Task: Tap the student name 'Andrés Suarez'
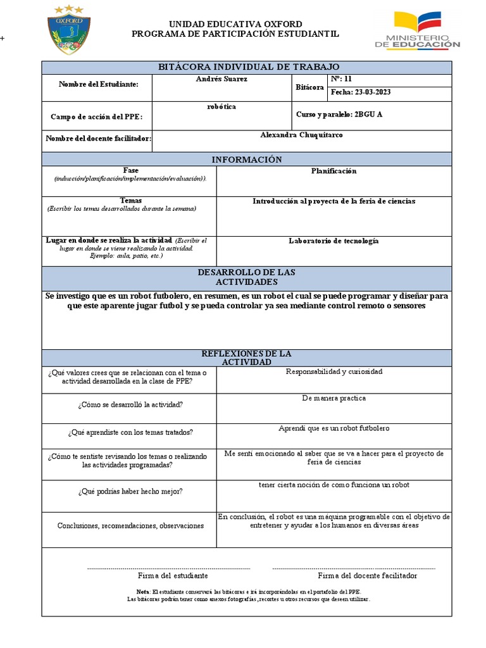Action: pos(221,79)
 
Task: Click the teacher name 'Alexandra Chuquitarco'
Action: pos(302,135)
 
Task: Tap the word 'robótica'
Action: pos(221,106)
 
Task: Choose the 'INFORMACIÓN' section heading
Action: pos(247,159)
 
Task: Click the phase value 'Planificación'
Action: pos(333,171)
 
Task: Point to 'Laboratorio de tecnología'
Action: pos(333,241)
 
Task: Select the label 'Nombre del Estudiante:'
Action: pos(98,85)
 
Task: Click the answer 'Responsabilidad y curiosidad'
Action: pos(333,372)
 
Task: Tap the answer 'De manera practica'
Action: pos(333,399)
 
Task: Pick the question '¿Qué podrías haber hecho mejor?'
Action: pos(130,491)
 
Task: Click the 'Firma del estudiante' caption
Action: pos(173,576)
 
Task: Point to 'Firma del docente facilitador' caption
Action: pos(367,576)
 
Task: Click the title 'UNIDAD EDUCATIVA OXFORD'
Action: pos(235,24)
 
